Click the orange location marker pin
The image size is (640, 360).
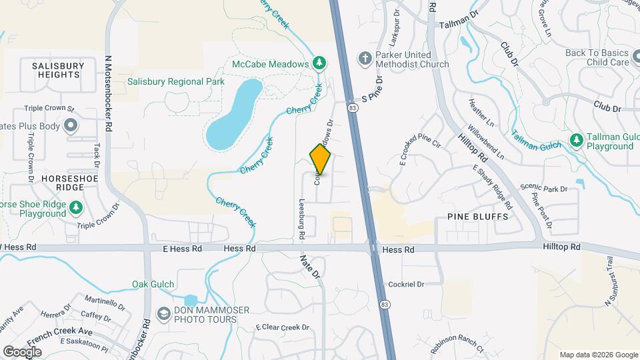[320, 159]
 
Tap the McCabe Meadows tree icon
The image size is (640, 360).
[320, 63]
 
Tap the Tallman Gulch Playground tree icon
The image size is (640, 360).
[576, 140]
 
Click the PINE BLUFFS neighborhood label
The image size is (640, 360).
[478, 217]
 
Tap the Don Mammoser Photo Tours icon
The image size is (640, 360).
[164, 313]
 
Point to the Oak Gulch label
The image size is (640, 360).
[149, 284]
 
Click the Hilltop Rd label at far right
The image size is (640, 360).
[561, 247]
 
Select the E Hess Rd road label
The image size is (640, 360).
[182, 249]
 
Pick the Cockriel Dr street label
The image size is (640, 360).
[406, 284]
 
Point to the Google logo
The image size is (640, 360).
[23, 351]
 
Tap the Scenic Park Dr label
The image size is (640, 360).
[544, 189]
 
